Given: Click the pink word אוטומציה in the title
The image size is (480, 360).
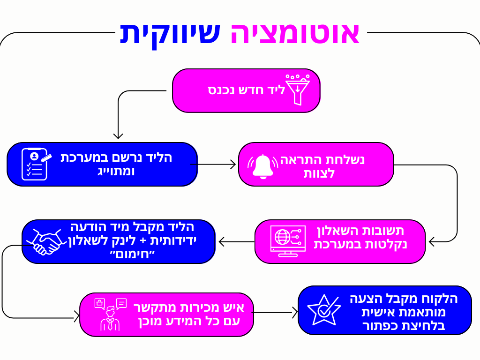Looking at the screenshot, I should click(295, 34).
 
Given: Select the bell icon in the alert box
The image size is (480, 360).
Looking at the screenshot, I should click(262, 165).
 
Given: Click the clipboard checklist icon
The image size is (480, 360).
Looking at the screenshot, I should click(34, 164).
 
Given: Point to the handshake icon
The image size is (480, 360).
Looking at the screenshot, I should click(47, 241).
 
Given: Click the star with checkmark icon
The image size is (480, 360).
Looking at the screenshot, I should click(323, 310).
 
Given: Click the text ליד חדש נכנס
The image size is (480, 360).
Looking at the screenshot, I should click(247, 90).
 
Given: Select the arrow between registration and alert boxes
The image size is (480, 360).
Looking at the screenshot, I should click(213, 164).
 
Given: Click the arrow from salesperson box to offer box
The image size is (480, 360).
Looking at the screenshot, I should click(276, 312).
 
